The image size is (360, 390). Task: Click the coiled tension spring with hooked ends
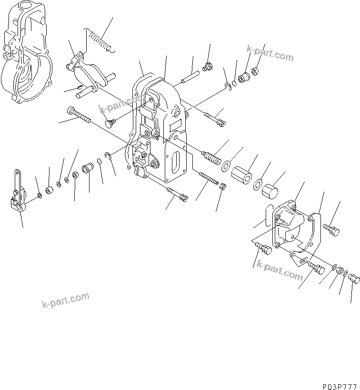tap(100, 39)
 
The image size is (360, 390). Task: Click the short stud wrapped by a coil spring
tap(211, 156)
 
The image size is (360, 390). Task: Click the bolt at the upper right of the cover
tap(332, 229)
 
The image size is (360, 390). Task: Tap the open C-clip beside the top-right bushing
tap(228, 85)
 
